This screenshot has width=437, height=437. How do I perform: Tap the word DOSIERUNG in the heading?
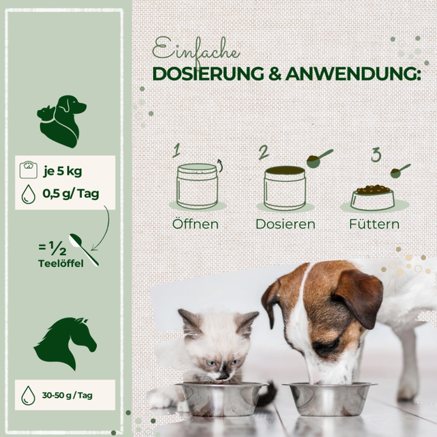[208, 74]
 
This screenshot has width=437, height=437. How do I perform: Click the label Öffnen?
[195, 224]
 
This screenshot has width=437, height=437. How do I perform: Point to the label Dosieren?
[285, 224]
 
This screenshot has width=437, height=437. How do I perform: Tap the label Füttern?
[374, 224]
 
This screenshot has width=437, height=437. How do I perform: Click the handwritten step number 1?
[176, 150]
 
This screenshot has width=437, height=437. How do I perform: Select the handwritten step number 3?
[376, 155]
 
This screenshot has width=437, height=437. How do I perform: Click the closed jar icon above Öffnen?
[197, 186]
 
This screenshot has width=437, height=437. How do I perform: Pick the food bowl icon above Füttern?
[373, 197]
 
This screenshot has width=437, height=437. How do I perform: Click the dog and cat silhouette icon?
[61, 122]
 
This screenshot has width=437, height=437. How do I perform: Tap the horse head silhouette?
[66, 343]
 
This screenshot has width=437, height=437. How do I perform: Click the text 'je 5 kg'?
[62, 171]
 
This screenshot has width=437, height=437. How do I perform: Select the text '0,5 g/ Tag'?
[71, 194]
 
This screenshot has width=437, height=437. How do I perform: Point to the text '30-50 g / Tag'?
[67, 395]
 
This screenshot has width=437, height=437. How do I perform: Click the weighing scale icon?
[29, 170]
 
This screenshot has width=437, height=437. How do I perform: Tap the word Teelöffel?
[61, 264]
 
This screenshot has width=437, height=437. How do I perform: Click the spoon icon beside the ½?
[83, 250]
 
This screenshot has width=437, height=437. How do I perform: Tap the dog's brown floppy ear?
[360, 297]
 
